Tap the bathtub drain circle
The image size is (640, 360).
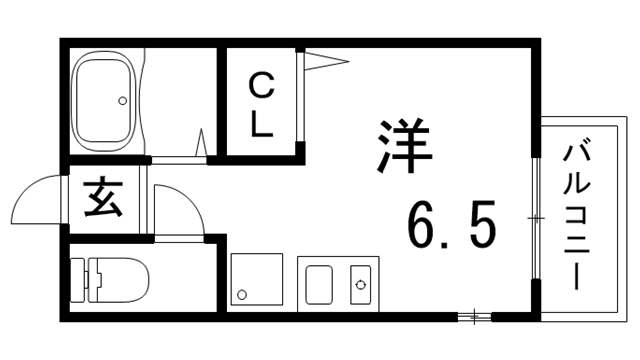point(123,100)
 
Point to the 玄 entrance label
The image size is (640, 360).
point(102,198)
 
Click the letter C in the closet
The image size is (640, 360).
point(259,88)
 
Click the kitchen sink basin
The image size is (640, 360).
point(319,285)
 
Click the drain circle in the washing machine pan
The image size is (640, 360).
point(240,295)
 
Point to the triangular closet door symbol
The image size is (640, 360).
point(325,62)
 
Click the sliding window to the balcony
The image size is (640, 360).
point(536,217)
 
